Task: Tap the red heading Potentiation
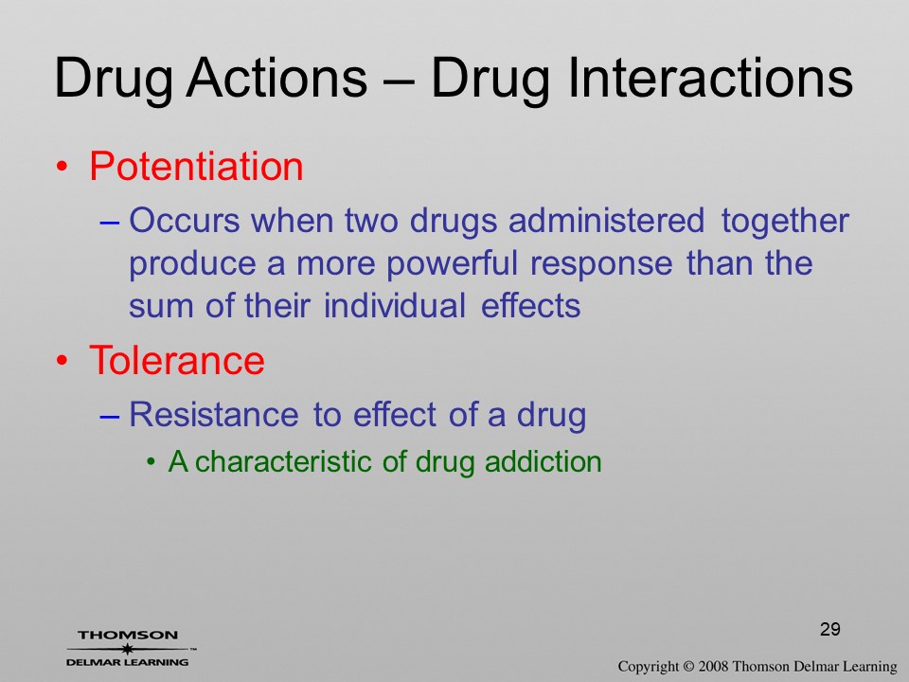click(196, 166)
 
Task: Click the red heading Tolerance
click(177, 360)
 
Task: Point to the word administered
click(606, 221)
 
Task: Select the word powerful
click(452, 264)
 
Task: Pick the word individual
click(395, 306)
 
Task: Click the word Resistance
click(213, 414)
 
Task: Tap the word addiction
click(544, 461)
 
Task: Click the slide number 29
click(830, 629)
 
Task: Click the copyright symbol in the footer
click(688, 667)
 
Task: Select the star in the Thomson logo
click(127, 649)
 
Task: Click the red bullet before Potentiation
click(62, 168)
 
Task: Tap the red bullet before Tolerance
click(62, 361)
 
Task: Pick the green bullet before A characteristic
click(151, 463)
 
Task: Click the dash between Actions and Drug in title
click(399, 81)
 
